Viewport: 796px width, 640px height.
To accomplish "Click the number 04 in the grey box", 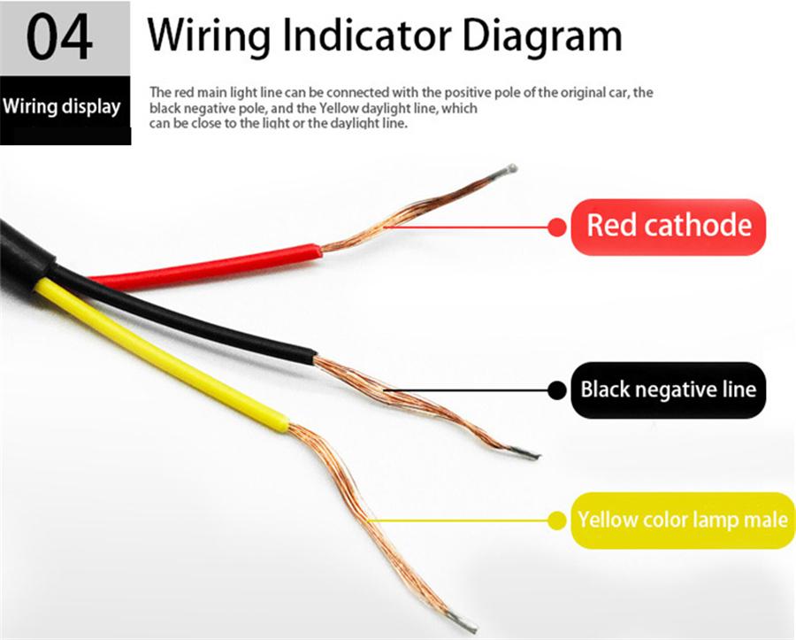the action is pyautogui.click(x=59, y=38).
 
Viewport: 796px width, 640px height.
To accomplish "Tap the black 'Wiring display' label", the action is pyautogui.click(x=62, y=106).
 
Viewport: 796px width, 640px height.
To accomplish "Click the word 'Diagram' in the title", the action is pyautogui.click(x=542, y=36).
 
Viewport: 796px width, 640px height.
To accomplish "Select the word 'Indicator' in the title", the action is pyautogui.click(x=366, y=35).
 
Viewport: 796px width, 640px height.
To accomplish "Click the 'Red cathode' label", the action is pyautogui.click(x=668, y=227).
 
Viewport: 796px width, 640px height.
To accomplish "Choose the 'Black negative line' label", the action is pyautogui.click(x=668, y=390).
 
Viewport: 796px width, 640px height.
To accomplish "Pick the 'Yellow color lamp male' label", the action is pyautogui.click(x=682, y=520).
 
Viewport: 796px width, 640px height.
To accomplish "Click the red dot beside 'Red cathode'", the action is pyautogui.click(x=557, y=227).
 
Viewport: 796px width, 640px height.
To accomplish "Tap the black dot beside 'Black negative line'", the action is pyautogui.click(x=557, y=390).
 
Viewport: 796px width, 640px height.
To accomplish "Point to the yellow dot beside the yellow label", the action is pyautogui.click(x=557, y=520).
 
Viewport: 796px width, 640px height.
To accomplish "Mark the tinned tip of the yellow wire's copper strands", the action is pyautogui.click(x=462, y=622).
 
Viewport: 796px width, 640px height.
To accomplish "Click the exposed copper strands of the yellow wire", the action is pyautogui.click(x=366, y=518).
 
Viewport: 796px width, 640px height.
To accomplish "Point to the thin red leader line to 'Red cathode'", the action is pyautogui.click(x=467, y=227).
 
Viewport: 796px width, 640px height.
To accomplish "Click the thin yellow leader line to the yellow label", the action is pyautogui.click(x=458, y=520).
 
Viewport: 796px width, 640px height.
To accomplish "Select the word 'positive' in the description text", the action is pyautogui.click(x=463, y=93).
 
